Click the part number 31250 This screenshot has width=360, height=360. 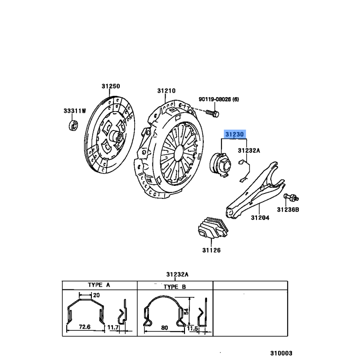pyautogui.click(x=111, y=86)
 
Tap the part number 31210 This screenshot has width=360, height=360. pyautogui.click(x=166, y=90)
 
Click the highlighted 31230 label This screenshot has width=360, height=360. pyautogui.click(x=234, y=134)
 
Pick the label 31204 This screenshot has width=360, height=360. pyautogui.click(x=260, y=218)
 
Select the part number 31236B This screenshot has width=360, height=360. pyautogui.click(x=288, y=209)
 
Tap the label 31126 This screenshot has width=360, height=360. pyautogui.click(x=211, y=250)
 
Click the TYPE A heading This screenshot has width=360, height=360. pyautogui.click(x=99, y=285)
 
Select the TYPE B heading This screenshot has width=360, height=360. pyautogui.click(x=174, y=286)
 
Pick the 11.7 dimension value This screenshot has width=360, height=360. pyautogui.click(x=113, y=328)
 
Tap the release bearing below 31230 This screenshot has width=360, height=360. pyautogui.click(x=220, y=162)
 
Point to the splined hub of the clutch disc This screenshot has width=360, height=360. pyautogui.click(x=116, y=137)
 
